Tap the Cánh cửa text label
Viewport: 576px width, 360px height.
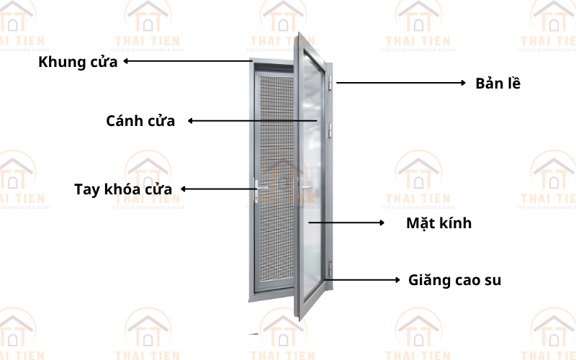pyautogui.click(x=140, y=121)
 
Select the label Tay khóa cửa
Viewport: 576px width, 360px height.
pyautogui.click(x=123, y=190)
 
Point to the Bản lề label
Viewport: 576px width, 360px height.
pyautogui.click(x=498, y=84)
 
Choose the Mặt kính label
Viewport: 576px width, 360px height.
pyautogui.click(x=438, y=223)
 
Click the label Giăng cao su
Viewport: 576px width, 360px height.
pyautogui.click(x=454, y=279)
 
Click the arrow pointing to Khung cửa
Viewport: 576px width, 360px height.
pyautogui.click(x=188, y=62)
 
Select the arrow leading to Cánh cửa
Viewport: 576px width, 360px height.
pyautogui.click(x=252, y=121)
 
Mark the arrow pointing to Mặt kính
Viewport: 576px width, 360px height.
pyautogui.click(x=346, y=223)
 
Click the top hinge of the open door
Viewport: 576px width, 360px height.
pyautogui.click(x=331, y=83)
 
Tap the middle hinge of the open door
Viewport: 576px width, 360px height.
pyautogui.click(x=331, y=130)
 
